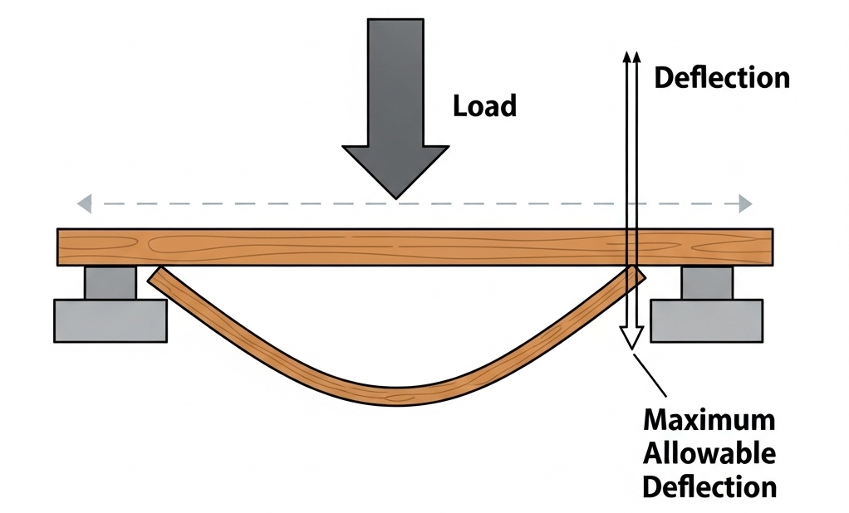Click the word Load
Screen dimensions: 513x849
tap(484, 105)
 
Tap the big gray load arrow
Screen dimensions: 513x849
tap(395, 108)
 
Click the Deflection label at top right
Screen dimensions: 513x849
tap(722, 78)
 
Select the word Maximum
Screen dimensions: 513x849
tap(709, 420)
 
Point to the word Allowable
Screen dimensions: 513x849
tap(709, 453)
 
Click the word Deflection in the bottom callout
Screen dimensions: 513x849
tap(709, 486)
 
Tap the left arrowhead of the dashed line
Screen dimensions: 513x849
tap(82, 203)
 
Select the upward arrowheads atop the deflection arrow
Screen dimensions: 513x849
tap(632, 56)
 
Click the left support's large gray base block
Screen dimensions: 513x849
tap(110, 320)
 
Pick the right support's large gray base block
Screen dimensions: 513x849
tap(706, 320)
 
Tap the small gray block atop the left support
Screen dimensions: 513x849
tap(110, 282)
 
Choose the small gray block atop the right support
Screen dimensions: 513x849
tap(707, 282)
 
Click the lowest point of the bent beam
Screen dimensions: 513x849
tap(399, 395)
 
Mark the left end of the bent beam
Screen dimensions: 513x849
tap(155, 276)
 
